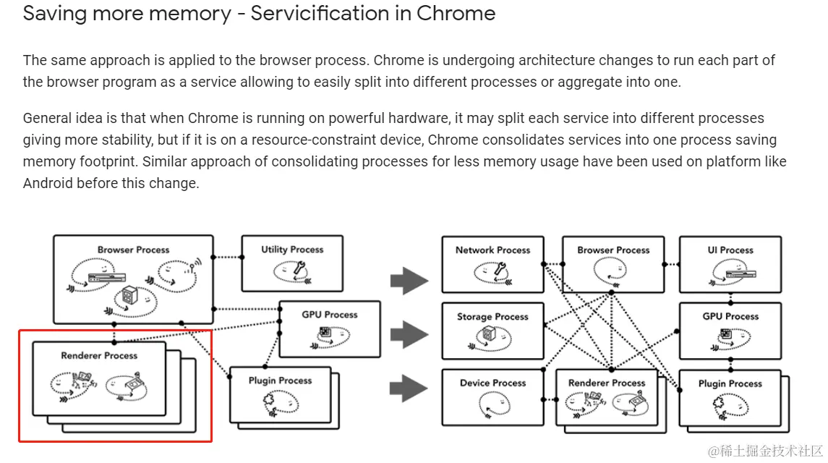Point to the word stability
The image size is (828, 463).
(127, 140)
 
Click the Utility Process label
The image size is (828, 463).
(292, 250)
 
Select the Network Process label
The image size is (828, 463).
(492, 250)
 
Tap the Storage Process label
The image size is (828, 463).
(492, 317)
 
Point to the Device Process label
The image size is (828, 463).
(492, 383)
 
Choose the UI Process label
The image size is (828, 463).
(730, 250)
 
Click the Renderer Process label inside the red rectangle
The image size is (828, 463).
(99, 356)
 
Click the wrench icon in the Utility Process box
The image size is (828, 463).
(299, 268)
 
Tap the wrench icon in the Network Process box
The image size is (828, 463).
(500, 269)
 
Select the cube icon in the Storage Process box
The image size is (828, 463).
(488, 335)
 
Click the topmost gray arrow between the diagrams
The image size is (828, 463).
(409, 280)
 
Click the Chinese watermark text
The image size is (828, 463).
(765, 451)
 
